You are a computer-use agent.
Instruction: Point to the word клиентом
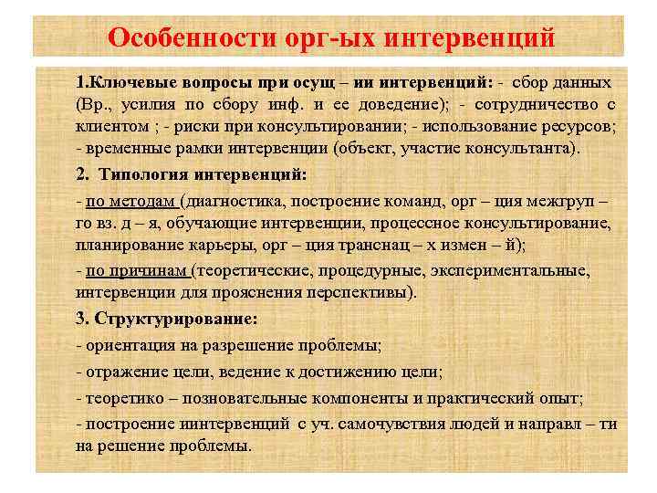[110, 126]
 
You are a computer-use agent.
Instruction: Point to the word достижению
[355, 372]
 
